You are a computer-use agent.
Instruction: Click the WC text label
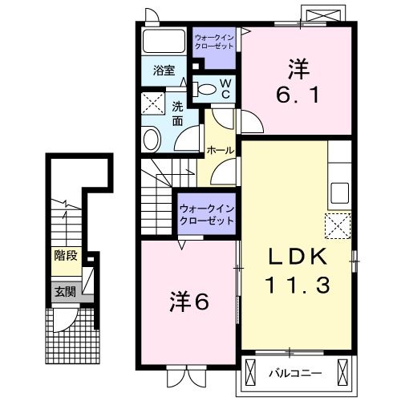225,88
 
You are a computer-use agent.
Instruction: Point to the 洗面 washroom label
178,110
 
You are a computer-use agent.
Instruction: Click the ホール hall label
221,150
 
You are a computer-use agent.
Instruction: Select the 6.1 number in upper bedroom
298,95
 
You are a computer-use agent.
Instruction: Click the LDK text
297,257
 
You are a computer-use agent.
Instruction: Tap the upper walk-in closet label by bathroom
213,41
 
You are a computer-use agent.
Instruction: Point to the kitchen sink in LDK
339,192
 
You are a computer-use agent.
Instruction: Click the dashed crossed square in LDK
338,225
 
